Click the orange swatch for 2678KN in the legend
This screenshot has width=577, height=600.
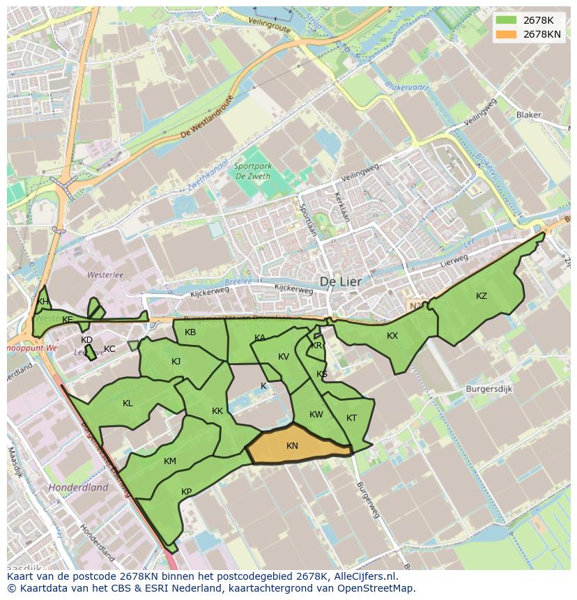tap(507, 34)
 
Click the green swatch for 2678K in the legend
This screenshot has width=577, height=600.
tap(507, 20)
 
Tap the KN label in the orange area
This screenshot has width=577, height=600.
tap(292, 446)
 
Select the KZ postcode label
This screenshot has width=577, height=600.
tap(482, 296)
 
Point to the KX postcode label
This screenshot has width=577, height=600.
tap(392, 336)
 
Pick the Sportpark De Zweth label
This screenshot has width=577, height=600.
tap(252, 171)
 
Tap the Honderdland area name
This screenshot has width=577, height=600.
tap(78, 488)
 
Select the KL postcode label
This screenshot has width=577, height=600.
tap(128, 403)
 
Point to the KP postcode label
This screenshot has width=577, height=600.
tap(186, 492)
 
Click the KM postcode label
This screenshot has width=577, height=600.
tap(170, 461)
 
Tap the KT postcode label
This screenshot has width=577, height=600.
tap(351, 418)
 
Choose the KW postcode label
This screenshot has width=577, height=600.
tap(316, 415)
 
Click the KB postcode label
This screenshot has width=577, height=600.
tap(190, 332)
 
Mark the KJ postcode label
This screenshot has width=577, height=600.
tap(176, 362)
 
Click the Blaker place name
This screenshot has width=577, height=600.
tap(528, 115)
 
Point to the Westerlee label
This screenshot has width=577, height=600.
tap(105, 275)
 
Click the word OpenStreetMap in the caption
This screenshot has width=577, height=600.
tap(375, 588)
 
